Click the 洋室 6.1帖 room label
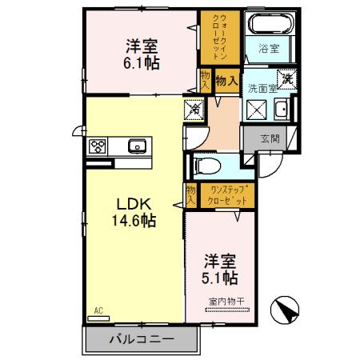click(x=141, y=52)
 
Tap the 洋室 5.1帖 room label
click(x=219, y=269)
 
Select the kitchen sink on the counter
click(x=135, y=146)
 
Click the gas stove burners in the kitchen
click(x=98, y=146)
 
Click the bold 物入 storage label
click(x=226, y=80)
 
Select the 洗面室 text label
click(x=261, y=88)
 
